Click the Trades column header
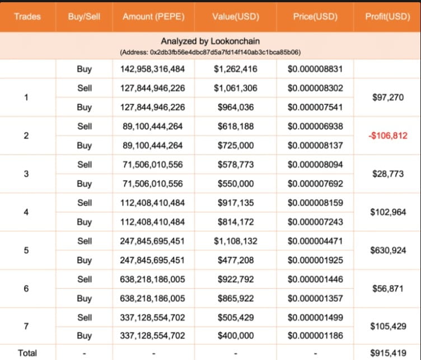27,16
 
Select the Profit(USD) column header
387,16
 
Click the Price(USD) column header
315,16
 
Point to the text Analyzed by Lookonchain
210,41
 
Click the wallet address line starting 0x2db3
210,52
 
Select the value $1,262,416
235,69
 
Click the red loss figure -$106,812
387,136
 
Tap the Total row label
27,353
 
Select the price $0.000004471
315,241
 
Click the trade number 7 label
27,326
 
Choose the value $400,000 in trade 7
235,336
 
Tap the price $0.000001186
315,336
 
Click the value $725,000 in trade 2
235,146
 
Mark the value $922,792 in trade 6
235,279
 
